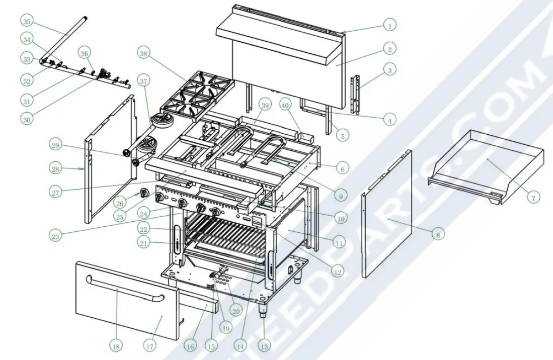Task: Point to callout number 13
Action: (264, 345)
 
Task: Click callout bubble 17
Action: (149, 346)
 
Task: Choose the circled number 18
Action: (116, 346)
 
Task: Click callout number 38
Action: (144, 53)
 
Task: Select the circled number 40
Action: (285, 106)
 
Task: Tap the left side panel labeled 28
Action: (111, 161)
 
